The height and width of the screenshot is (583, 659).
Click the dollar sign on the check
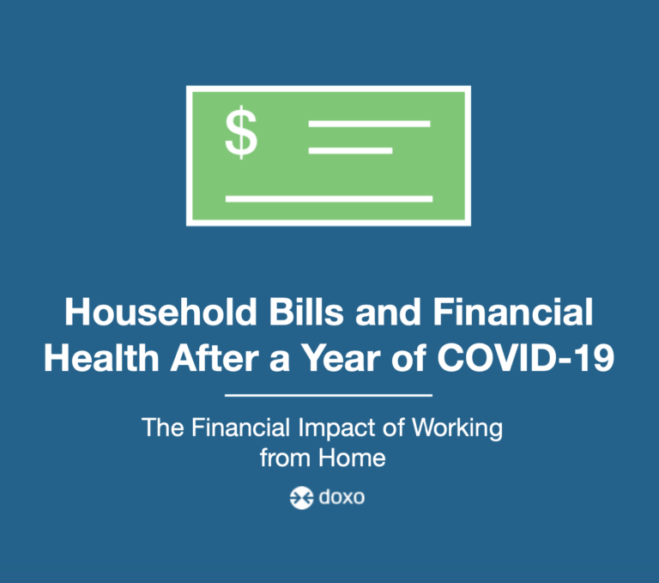[x=241, y=132]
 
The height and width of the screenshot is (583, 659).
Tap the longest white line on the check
[x=329, y=199]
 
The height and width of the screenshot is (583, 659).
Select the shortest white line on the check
[x=350, y=150]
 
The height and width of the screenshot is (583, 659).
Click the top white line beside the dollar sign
[x=370, y=124]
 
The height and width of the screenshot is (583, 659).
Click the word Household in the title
[x=160, y=312]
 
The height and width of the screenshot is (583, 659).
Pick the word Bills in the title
[x=306, y=312]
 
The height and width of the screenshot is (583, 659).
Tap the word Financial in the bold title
[x=513, y=312]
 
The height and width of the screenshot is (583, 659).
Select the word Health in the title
[x=101, y=358]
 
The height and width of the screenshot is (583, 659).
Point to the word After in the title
[x=215, y=358]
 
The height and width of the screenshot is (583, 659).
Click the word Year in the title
[x=342, y=358]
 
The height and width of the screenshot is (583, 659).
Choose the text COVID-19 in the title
[x=526, y=358]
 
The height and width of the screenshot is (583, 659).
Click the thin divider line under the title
[x=329, y=396]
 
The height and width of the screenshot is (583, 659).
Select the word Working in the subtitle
[x=457, y=428]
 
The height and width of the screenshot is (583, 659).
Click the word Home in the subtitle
[x=352, y=458]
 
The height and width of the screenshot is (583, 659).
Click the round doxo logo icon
[x=301, y=498]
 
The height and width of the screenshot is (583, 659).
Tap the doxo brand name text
[x=342, y=497]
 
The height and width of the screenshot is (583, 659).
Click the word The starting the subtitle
[x=163, y=428]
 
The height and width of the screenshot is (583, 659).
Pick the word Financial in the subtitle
[x=241, y=428]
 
